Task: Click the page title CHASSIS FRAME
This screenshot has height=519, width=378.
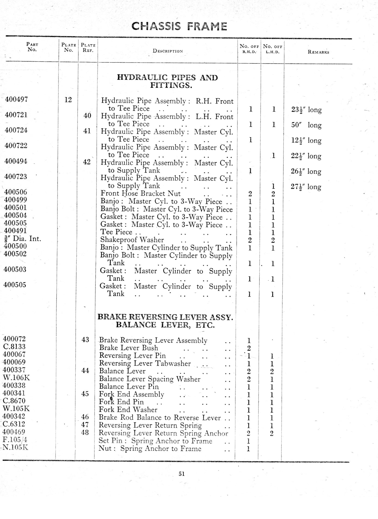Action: coord(179,26)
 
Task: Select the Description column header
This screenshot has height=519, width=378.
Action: coord(168,51)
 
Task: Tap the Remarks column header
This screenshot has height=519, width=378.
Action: coord(318,52)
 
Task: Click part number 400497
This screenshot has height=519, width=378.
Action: coord(16,99)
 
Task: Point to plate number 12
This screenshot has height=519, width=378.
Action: coord(68,100)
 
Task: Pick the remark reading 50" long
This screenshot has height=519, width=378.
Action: coord(306,125)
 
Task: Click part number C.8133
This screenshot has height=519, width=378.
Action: coord(14,347)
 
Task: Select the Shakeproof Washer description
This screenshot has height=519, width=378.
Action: coord(132,240)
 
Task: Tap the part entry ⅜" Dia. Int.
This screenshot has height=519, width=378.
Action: coord(23,239)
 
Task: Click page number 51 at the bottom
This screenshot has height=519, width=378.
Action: coord(181,474)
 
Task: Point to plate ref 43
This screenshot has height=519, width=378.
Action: coord(85,339)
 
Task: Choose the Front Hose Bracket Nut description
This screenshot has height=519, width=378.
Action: coord(140,193)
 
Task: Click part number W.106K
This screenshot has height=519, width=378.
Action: coord(16,378)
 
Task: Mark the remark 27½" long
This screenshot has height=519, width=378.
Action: coord(306,187)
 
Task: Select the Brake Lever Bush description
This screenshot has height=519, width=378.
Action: coord(128,348)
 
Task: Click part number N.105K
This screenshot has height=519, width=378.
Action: coord(16,447)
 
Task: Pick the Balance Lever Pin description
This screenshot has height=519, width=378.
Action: coord(129,387)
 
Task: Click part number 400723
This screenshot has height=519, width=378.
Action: coord(16,177)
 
